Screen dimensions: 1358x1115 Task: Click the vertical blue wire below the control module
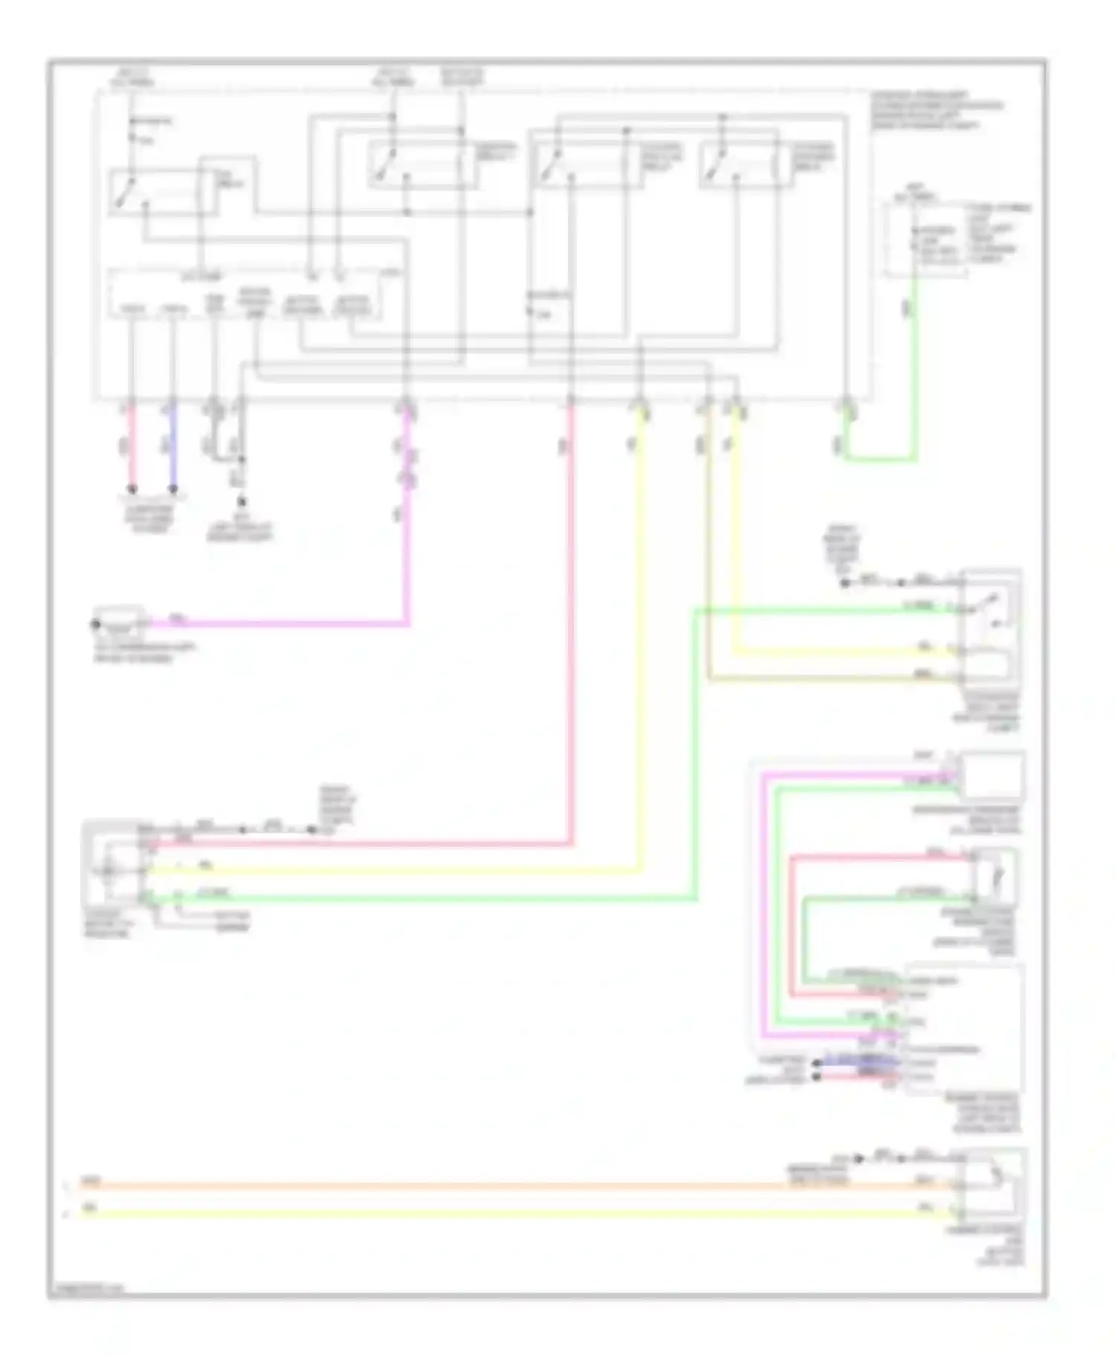172,446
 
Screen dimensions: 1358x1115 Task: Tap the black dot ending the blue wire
172,489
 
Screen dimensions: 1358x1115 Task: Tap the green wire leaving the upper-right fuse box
915,371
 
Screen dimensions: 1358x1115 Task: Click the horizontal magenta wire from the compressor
282,623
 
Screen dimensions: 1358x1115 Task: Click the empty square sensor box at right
992,776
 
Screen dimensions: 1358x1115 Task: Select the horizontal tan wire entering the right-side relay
818,679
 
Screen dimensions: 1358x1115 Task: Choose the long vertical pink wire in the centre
571,631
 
